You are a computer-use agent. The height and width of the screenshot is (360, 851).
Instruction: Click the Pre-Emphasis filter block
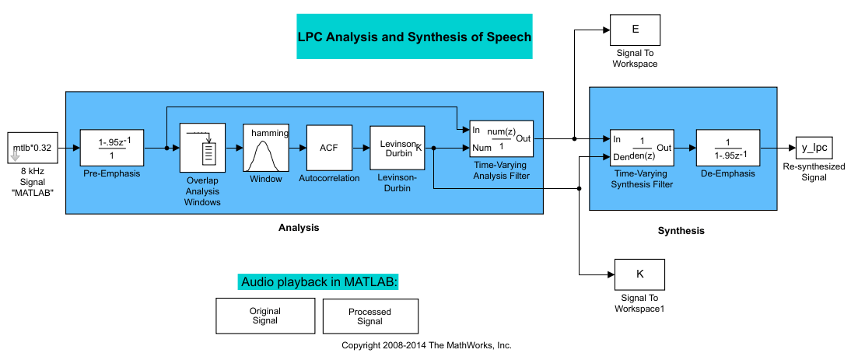point(112,147)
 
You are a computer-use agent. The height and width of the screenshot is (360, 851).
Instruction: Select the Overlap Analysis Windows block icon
point(201,147)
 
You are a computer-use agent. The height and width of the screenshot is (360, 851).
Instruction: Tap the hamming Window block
point(266,147)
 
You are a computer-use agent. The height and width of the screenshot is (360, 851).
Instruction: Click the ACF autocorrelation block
point(330,147)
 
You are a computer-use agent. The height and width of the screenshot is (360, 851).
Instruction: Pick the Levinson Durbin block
point(397,147)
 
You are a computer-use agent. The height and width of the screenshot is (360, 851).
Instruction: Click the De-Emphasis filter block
point(727,147)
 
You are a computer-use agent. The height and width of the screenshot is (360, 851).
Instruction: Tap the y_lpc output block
point(817,147)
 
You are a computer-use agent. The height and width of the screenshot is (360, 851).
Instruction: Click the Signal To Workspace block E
point(636,30)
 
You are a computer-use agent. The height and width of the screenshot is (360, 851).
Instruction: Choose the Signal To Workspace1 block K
point(640,274)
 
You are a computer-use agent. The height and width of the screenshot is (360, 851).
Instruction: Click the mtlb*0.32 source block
point(32,147)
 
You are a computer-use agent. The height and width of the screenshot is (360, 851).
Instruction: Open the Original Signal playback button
point(264,316)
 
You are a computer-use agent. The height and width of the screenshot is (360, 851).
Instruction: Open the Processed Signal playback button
point(369,316)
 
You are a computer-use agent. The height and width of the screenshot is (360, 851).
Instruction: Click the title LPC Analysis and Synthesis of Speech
point(414,37)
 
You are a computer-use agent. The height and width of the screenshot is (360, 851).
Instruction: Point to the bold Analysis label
point(299,228)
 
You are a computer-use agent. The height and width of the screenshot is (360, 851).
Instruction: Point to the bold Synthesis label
point(681,231)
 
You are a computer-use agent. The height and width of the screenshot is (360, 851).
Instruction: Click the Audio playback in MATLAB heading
point(319,282)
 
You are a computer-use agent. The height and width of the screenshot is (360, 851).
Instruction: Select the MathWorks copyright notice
point(426,345)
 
